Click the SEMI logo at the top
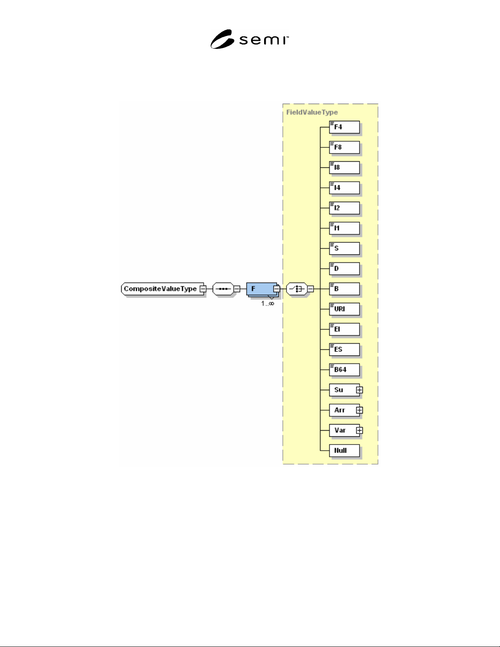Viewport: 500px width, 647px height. tap(249, 39)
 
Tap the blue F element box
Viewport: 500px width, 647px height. tap(262, 289)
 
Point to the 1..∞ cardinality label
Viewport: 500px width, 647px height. tap(268, 303)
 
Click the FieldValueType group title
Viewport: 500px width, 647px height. tap(312, 112)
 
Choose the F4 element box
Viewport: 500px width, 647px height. tap(344, 127)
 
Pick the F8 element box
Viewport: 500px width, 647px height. tap(344, 147)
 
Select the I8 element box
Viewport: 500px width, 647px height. tap(344, 168)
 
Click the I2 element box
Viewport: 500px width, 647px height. tap(344, 208)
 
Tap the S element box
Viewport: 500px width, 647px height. tap(344, 249)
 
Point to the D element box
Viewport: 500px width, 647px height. tap(344, 269)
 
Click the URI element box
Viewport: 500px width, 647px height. tap(344, 309)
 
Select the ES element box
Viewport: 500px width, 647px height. tap(344, 350)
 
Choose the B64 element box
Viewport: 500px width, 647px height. tap(344, 370)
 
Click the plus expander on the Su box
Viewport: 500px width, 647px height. tap(360, 390)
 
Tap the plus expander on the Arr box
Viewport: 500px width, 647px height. tap(360, 410)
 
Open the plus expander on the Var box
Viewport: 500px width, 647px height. tap(360, 431)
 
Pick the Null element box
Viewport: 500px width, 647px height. tap(344, 451)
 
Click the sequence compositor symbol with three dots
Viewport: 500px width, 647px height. tap(223, 289)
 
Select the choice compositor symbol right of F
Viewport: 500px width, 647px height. tap(297, 289)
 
